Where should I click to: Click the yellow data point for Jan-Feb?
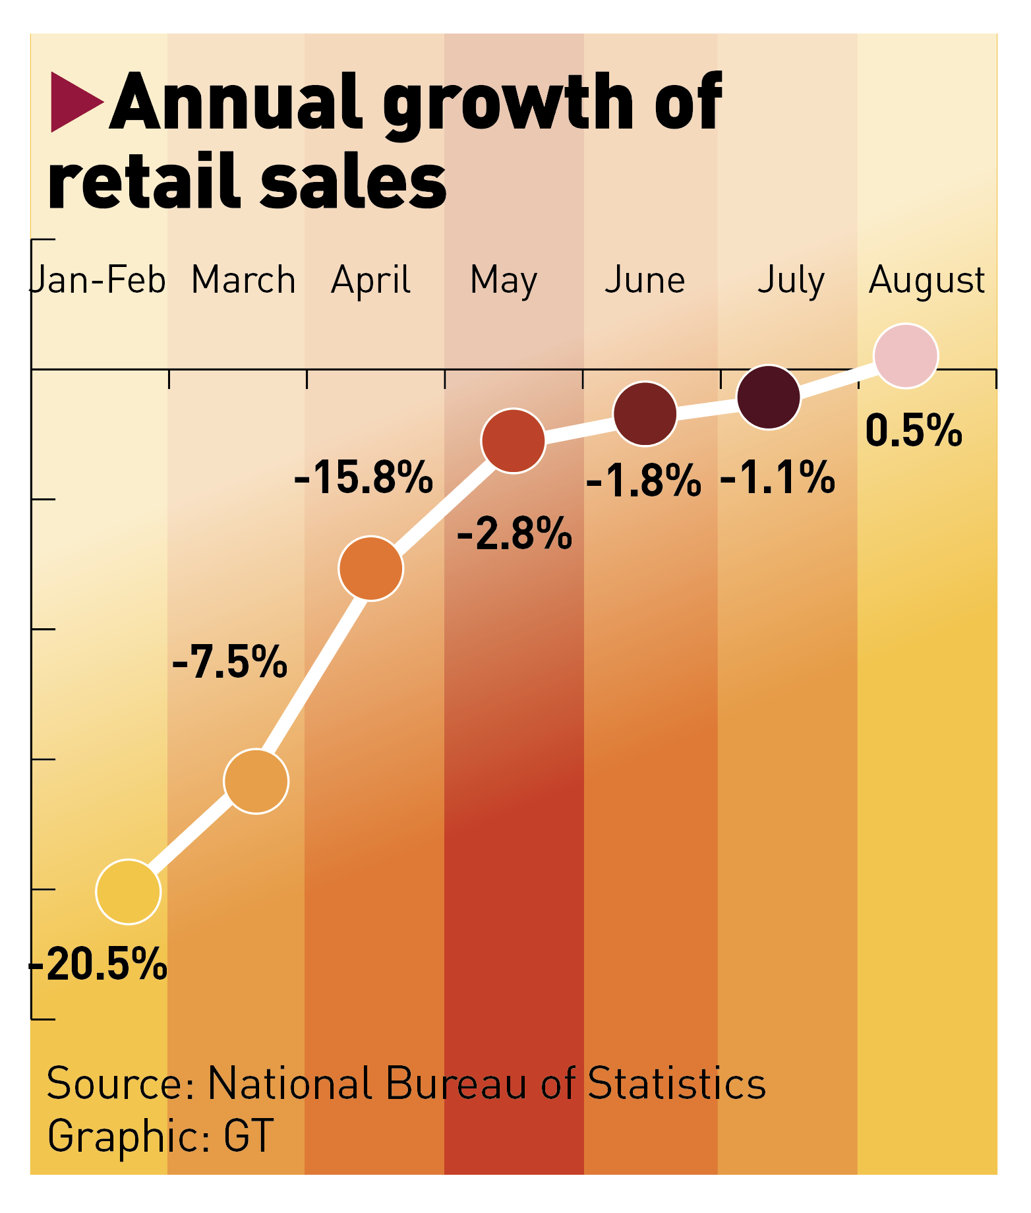129,891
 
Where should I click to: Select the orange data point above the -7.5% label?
256,781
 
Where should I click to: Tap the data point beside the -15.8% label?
371,568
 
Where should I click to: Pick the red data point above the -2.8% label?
514,440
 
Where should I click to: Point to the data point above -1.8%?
645,413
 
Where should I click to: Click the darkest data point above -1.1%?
769,397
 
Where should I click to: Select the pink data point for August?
906,356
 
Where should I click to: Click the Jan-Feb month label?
99,280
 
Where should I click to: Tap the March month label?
243,280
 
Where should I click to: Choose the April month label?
371,281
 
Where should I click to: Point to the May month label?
504,281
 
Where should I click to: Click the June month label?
645,280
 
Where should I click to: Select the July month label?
791,281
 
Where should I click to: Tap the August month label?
927,281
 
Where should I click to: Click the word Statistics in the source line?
676,1083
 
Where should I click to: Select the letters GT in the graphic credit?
249,1135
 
